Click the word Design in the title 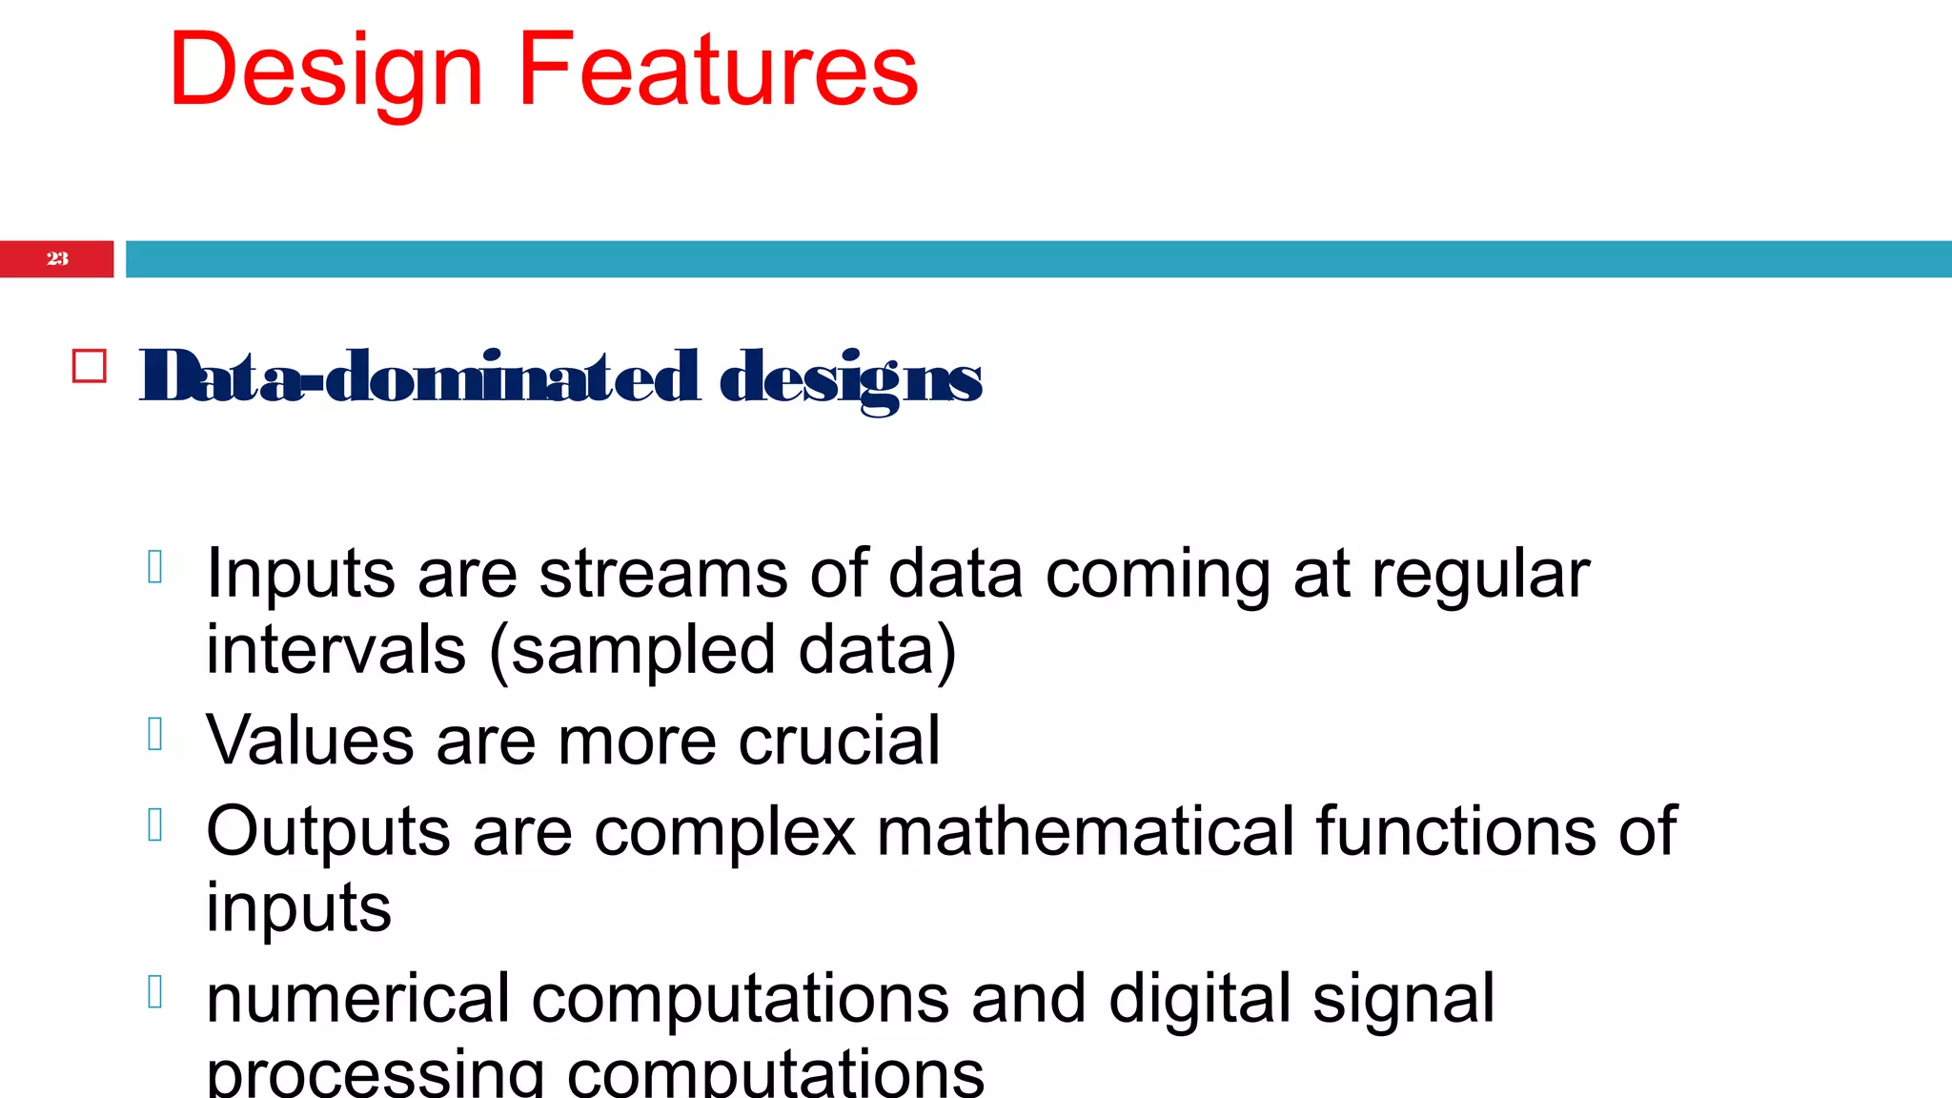(326, 71)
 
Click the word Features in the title (717, 71)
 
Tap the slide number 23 (57, 258)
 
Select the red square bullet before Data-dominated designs (90, 367)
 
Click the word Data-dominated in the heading (419, 377)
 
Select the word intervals (335, 650)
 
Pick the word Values (310, 741)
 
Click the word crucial (839, 741)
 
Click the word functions (1455, 831)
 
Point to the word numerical (358, 999)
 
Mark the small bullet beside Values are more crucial (155, 734)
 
